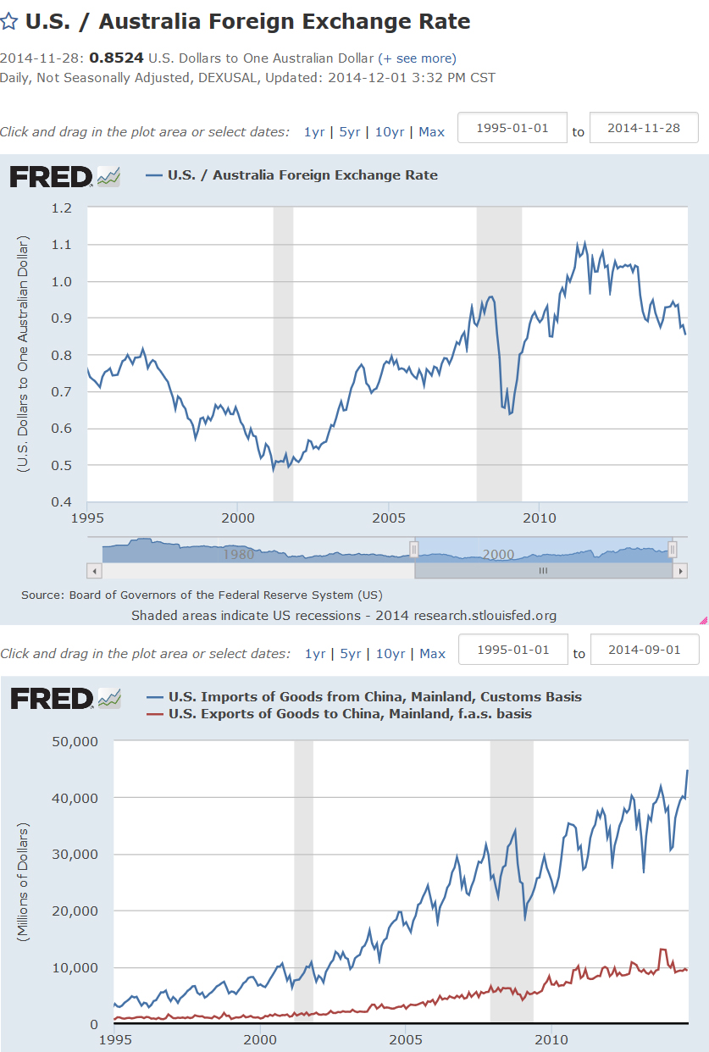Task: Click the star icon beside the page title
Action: (x=9, y=21)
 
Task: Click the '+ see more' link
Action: (x=417, y=58)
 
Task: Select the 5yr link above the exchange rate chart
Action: (x=350, y=131)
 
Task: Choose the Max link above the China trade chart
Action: (x=432, y=653)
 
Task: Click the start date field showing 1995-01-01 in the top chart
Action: (x=512, y=128)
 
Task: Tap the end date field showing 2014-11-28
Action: (x=644, y=128)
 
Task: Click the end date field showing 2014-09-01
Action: (x=645, y=650)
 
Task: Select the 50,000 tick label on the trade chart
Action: (x=75, y=741)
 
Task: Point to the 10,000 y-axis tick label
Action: (x=75, y=967)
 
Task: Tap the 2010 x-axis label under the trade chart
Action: (x=551, y=1038)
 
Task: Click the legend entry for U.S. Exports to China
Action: (x=350, y=714)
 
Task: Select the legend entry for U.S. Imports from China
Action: (x=374, y=697)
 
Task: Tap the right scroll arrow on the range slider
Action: (x=679, y=571)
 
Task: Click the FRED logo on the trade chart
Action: (x=51, y=699)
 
